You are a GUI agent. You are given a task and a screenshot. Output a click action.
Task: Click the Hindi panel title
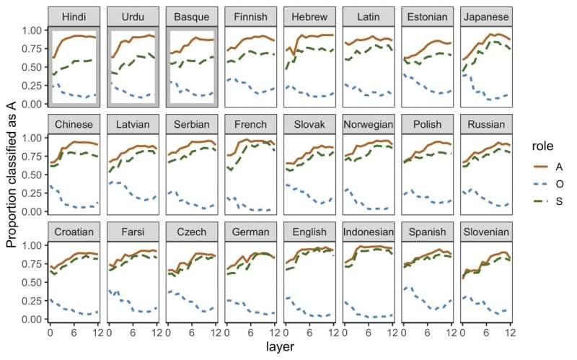[71, 17]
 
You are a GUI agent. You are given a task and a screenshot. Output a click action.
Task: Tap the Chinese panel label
[71, 124]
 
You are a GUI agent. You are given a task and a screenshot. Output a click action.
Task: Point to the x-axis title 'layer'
[278, 348]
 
